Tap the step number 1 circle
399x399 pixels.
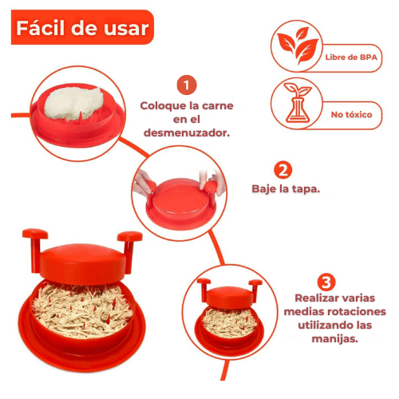tap(185, 85)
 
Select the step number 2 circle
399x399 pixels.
tap(282, 171)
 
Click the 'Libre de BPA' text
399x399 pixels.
tap(351, 58)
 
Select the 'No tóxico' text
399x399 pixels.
tap(352, 114)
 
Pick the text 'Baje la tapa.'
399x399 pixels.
tap(286, 191)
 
